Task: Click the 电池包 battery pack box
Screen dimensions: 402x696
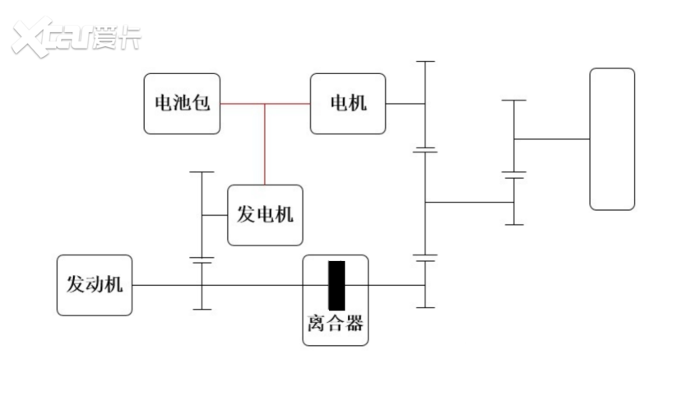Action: [x=183, y=104]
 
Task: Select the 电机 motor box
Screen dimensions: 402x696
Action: [x=347, y=104]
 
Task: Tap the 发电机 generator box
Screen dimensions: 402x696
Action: [x=265, y=215]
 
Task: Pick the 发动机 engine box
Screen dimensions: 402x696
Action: [x=95, y=285]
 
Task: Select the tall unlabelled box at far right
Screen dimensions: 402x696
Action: [x=612, y=139]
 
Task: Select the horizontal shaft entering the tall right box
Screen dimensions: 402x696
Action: [x=551, y=139]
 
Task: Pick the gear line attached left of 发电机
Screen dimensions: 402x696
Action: [x=202, y=215]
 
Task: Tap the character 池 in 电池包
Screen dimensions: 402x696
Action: [x=183, y=104]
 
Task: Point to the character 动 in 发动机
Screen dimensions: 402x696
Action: [x=95, y=285]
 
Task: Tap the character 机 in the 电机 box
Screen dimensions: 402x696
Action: [x=357, y=104]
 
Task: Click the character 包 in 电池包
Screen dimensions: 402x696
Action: [x=202, y=104]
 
